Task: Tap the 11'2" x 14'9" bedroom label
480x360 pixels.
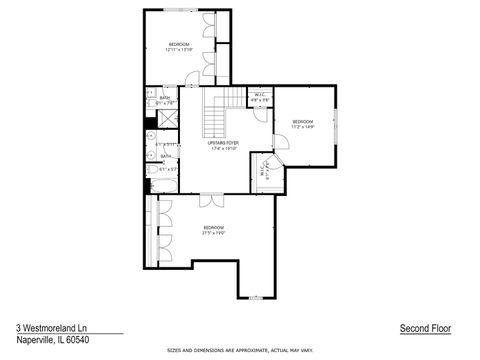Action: point(302,123)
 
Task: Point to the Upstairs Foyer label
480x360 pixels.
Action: point(222,145)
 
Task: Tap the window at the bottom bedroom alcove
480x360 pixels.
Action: point(258,297)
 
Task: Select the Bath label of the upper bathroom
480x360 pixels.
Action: point(165,97)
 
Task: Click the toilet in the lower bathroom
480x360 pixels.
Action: point(152,170)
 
